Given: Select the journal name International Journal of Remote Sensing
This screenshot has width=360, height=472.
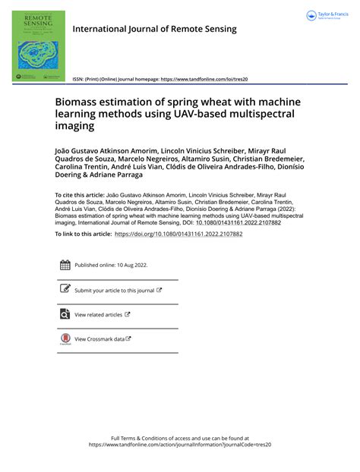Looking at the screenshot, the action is pos(154,29).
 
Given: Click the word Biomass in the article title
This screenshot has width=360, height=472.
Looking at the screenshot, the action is pos(97,101).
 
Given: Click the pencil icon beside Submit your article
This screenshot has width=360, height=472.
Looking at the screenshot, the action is pos(65,290).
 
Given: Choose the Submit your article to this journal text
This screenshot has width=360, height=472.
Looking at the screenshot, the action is pos(114,291).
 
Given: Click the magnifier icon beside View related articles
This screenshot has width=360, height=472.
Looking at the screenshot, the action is pos(65,314).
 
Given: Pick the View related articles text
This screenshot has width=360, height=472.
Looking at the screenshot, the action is pos(98,315).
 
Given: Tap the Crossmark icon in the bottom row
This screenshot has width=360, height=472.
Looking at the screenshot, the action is pos(65,339).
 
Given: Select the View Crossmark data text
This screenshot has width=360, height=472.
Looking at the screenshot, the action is pos(99,339).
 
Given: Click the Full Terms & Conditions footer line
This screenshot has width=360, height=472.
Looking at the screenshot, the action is pos(179,438).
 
